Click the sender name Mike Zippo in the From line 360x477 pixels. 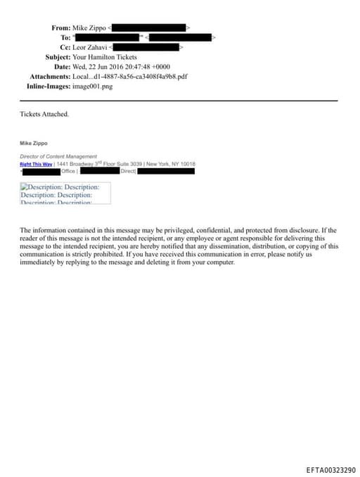89,27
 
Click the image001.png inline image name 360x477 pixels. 92,87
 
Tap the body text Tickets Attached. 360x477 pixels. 44,114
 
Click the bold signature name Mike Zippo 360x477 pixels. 34,143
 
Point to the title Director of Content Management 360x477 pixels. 58,156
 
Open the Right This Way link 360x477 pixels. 36,164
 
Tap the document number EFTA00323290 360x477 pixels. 330,469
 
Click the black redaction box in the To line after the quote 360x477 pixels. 179,37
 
